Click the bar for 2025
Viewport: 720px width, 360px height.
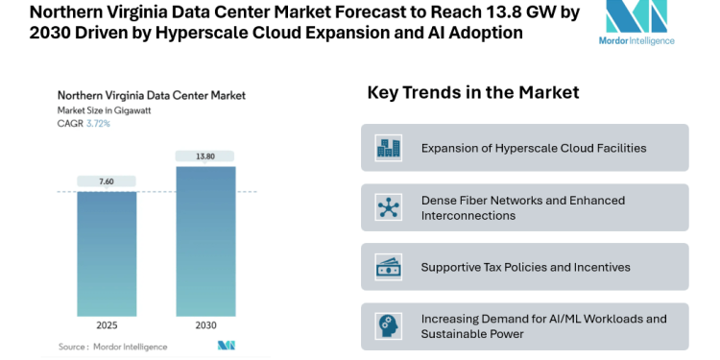(107, 253)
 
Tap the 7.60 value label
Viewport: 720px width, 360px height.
(107, 181)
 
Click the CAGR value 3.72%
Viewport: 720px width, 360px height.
(97, 124)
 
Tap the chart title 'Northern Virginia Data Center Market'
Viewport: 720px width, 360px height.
(152, 95)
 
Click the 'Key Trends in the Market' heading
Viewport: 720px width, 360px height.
(473, 93)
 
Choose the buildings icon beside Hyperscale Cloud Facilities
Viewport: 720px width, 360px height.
(389, 148)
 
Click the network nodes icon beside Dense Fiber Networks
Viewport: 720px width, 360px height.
(389, 207)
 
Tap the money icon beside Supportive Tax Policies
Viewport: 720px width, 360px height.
(389, 267)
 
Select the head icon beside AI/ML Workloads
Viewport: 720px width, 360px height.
(389, 326)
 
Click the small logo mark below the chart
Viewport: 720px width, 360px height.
(227, 346)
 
